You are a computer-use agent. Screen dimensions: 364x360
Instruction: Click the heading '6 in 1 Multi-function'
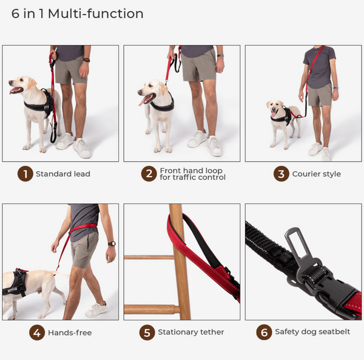point(77,14)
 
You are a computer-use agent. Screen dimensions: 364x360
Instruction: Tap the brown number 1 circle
point(25,174)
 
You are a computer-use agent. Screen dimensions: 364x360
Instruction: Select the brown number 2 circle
point(149,174)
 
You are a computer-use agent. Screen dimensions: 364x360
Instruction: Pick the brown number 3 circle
point(281,174)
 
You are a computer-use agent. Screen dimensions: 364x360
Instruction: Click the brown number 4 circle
point(37,333)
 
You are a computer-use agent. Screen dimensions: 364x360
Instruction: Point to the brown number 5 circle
point(147,332)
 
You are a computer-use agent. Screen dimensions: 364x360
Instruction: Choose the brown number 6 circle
point(264,332)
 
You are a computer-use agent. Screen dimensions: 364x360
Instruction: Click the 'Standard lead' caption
point(63,174)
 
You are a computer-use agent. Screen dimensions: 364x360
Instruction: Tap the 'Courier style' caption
point(317,174)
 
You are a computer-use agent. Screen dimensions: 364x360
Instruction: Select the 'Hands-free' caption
point(70,333)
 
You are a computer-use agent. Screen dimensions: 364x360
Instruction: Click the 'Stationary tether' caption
point(191,332)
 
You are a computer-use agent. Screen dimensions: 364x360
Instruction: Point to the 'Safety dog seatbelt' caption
point(312,331)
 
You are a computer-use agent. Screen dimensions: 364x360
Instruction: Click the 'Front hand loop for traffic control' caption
point(192,174)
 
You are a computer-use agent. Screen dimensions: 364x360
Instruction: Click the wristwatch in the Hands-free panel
point(112,243)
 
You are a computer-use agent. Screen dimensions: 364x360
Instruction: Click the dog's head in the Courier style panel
point(275,107)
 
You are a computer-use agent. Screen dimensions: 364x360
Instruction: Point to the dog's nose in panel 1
point(10,82)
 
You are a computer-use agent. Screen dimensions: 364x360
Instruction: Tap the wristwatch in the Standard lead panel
point(86,60)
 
